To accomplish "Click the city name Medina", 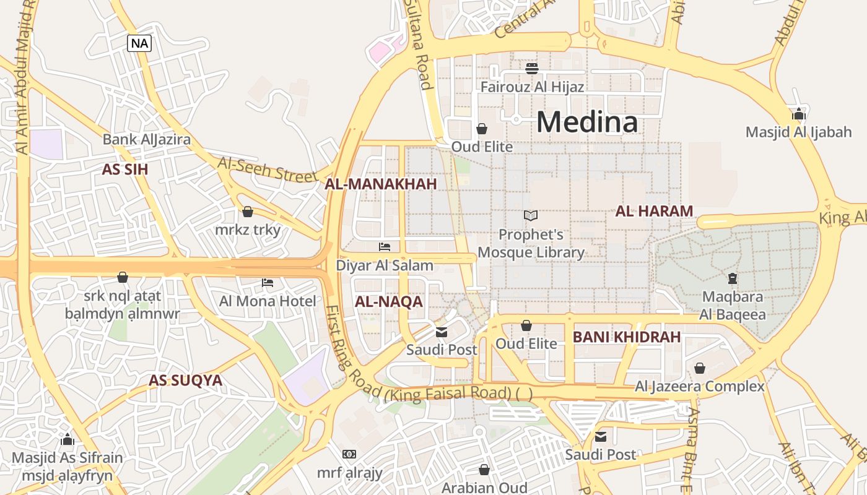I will click(586, 122).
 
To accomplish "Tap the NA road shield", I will click(139, 43).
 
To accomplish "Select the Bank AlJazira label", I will click(147, 139).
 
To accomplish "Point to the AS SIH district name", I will click(125, 170).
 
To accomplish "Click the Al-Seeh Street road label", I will click(267, 169).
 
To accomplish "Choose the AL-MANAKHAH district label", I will click(381, 184).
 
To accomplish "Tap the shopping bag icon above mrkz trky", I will click(248, 212).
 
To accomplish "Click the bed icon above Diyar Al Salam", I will click(385, 247).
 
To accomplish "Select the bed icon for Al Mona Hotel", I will click(268, 283).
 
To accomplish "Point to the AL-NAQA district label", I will click(388, 302).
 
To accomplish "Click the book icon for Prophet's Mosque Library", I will click(531, 215).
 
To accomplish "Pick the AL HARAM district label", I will click(654, 211).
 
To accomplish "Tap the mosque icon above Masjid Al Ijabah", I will click(798, 114).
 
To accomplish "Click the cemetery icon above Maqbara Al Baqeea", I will click(733, 278).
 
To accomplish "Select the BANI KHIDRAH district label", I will click(626, 337).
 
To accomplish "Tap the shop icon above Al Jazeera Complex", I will click(700, 368).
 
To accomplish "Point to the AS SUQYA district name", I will click(185, 381).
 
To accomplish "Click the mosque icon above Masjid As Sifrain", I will click(68, 440).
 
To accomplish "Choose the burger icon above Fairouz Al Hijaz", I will click(532, 68).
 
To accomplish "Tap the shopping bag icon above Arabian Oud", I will click(484, 470).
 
